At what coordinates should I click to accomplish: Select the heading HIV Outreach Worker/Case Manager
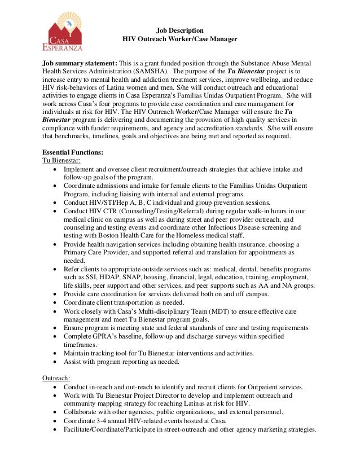coord(180,39)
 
